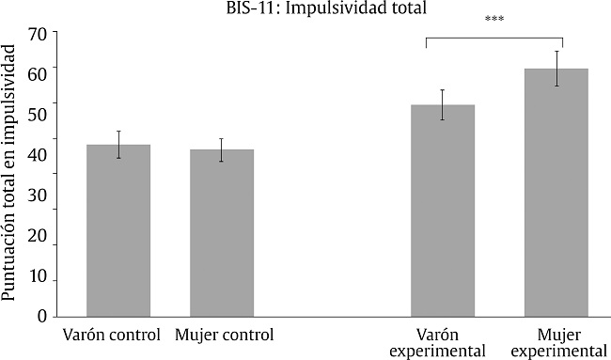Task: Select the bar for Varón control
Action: point(118,230)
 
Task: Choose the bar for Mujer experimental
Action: point(556,192)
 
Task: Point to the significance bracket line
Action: point(493,38)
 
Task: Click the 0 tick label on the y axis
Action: point(42,317)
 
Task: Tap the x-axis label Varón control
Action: point(108,335)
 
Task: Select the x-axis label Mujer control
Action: point(224,335)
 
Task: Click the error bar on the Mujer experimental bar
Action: point(556,68)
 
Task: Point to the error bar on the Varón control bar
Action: point(118,144)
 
